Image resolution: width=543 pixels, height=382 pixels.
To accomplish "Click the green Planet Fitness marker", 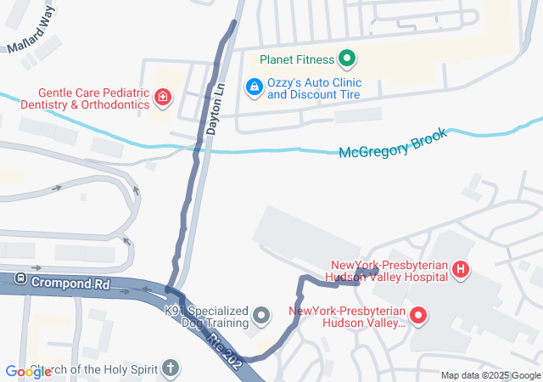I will (x=346, y=59).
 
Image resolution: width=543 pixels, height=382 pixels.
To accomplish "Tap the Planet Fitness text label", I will (x=297, y=59).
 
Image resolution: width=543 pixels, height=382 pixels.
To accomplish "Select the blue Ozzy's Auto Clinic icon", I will (x=253, y=87).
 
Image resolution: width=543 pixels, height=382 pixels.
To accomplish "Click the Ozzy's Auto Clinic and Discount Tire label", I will (x=314, y=88).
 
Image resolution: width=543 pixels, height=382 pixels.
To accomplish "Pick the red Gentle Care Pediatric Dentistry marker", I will (x=162, y=98).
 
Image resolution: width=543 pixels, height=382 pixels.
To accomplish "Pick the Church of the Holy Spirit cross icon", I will (x=171, y=370).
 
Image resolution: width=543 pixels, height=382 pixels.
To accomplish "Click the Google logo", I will (x=28, y=372).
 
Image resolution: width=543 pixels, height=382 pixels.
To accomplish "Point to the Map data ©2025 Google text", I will (x=490, y=375).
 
